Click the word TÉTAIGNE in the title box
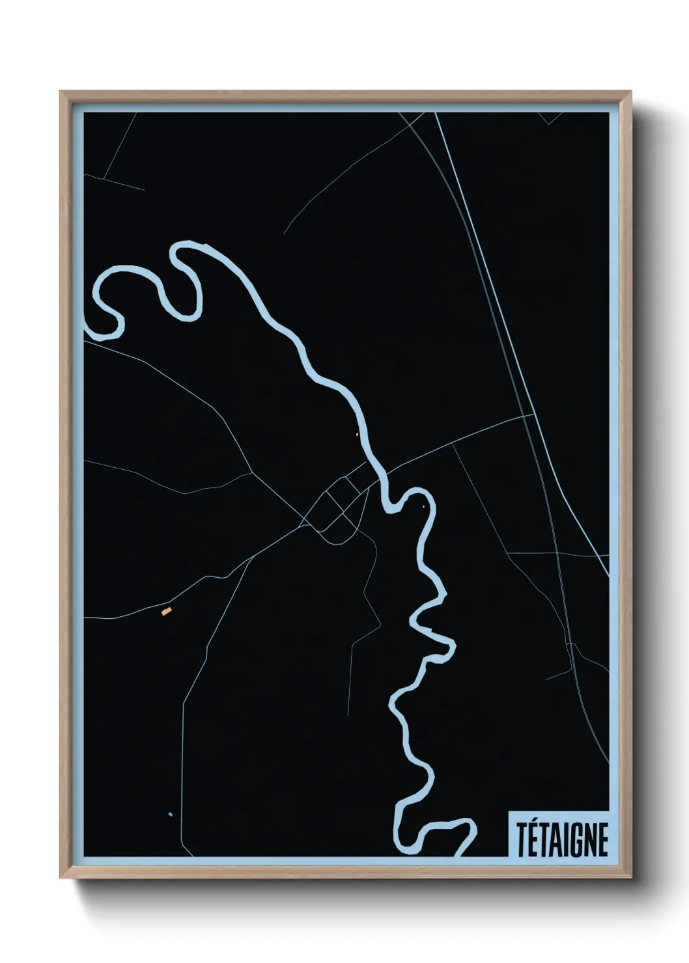[x=562, y=840]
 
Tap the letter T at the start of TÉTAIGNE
[x=522, y=840]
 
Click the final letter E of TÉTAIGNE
[x=602, y=840]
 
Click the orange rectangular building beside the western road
[x=166, y=611]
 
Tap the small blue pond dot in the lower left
[x=170, y=814]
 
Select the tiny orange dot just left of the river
[x=357, y=435]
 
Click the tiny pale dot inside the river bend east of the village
[x=424, y=506]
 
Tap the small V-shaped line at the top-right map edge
[x=550, y=119]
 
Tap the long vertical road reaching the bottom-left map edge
[x=183, y=768]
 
